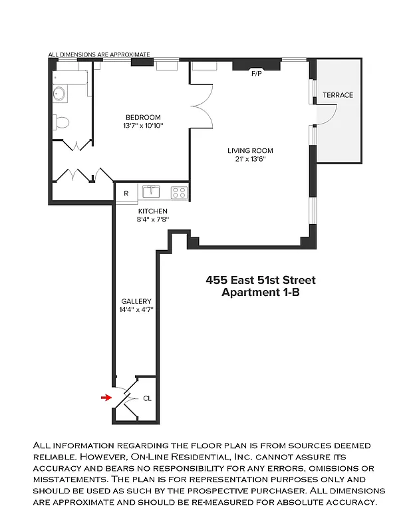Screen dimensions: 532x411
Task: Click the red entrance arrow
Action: point(104,398)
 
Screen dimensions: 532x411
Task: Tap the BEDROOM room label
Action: point(143,118)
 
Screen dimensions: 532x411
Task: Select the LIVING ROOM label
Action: point(250,151)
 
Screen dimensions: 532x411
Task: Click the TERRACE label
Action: point(338,95)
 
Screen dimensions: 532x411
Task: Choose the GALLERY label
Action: point(136,301)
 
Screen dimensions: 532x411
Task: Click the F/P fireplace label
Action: point(257,74)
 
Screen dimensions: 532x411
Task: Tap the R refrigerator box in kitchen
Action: point(126,194)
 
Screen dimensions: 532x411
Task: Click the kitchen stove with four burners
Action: point(179,193)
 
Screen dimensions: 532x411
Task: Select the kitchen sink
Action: point(152,192)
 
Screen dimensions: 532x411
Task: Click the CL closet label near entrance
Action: point(147,398)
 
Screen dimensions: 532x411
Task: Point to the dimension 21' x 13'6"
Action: point(250,160)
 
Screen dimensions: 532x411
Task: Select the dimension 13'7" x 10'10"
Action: point(143,126)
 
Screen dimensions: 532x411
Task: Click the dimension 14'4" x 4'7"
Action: point(136,309)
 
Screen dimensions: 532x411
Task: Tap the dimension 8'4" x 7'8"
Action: point(153,219)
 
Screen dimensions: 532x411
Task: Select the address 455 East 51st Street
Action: point(261,280)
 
